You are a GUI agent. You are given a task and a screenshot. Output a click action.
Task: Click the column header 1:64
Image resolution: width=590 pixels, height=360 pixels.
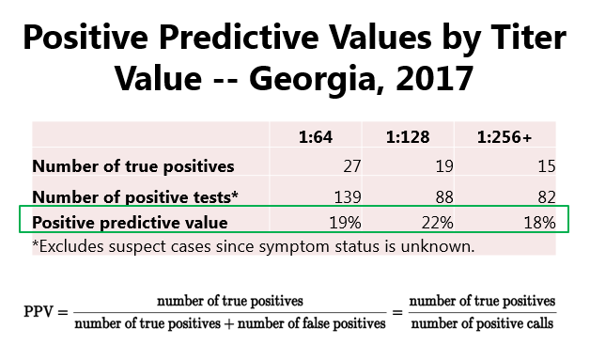(x=316, y=137)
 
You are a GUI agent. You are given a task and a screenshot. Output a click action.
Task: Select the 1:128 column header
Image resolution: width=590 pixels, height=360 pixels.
(x=408, y=137)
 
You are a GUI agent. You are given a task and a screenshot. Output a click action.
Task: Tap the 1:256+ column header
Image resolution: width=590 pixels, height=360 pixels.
(x=505, y=137)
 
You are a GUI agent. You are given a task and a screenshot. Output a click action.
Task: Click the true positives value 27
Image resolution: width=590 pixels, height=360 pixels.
(x=352, y=166)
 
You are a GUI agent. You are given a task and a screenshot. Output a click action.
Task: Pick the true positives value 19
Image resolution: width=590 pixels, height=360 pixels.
(x=444, y=166)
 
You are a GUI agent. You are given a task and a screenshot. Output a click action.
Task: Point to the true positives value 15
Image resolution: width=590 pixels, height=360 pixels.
(x=547, y=166)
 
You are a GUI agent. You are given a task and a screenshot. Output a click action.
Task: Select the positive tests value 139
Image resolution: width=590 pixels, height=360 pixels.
(x=348, y=197)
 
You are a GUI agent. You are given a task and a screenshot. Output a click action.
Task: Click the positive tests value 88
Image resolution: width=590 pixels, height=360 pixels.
(x=444, y=197)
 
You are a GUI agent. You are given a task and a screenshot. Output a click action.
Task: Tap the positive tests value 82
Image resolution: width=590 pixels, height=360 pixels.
(x=547, y=197)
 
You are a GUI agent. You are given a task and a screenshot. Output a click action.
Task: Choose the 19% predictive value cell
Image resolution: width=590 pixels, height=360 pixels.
(x=345, y=223)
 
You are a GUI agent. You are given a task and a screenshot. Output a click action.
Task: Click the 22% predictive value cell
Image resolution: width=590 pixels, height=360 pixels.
(x=437, y=223)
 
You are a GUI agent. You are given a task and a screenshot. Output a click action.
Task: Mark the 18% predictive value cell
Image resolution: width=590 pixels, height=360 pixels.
(x=539, y=223)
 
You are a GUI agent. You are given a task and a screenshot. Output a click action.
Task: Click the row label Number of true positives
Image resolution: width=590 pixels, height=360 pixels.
(x=133, y=166)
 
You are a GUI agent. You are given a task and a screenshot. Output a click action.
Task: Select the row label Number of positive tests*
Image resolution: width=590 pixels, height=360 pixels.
(x=135, y=197)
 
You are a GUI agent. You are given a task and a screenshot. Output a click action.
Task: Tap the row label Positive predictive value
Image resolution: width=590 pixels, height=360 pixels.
(x=130, y=223)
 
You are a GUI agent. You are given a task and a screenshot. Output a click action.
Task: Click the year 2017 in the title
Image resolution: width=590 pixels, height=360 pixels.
(x=435, y=78)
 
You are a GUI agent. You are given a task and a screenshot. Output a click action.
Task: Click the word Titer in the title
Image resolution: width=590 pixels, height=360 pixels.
(x=523, y=37)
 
